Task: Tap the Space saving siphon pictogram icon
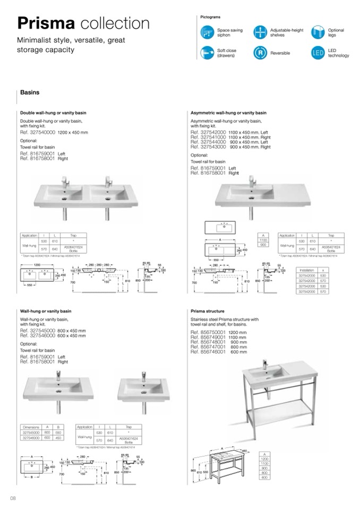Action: click(207, 32)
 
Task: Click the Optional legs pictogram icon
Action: click(318, 32)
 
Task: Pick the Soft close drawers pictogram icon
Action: click(207, 53)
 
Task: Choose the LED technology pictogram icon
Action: click(318, 53)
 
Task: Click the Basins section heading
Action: click(30, 92)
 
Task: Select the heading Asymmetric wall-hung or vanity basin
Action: click(228, 113)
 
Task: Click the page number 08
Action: click(14, 497)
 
